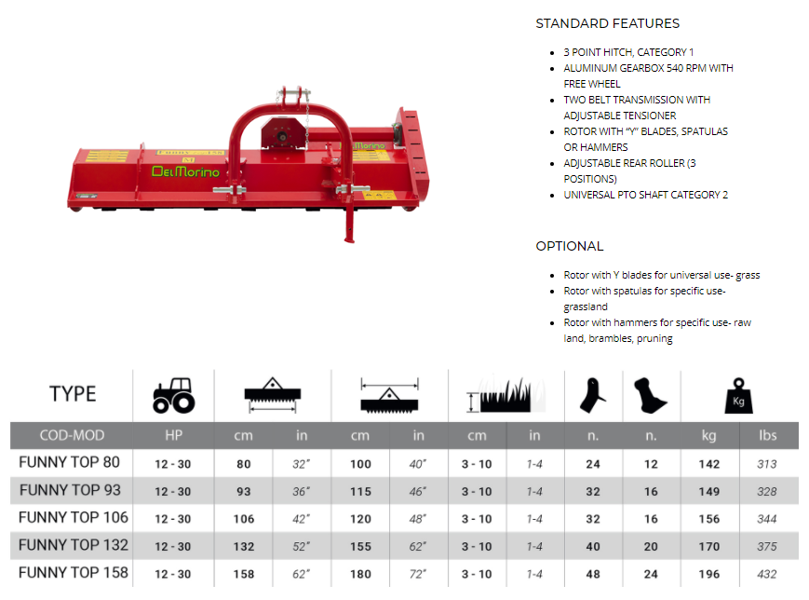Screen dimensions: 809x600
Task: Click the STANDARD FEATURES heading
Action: pos(607,23)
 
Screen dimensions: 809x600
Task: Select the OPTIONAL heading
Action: pos(570,246)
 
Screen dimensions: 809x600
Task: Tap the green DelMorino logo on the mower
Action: pos(186,171)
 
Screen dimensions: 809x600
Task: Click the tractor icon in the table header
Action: pos(174,396)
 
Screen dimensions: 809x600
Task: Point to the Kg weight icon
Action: pos(738,396)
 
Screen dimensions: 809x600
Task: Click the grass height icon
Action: pos(506,396)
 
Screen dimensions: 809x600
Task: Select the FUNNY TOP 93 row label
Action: pos(70,490)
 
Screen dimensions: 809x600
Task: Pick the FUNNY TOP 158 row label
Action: pos(74,573)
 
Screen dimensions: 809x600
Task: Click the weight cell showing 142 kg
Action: pos(708,464)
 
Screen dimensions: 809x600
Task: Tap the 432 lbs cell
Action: pos(767,574)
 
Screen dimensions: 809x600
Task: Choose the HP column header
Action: pos(173,435)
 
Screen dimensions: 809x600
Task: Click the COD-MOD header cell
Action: pos(72,435)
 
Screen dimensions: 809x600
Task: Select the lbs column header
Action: pos(768,435)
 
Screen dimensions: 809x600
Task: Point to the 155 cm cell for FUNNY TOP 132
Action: pos(360,547)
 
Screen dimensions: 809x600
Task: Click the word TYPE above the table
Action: pos(73,394)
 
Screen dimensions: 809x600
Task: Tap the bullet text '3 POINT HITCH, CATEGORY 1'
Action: pos(628,52)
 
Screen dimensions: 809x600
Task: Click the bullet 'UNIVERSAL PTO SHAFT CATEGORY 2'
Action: pos(646,195)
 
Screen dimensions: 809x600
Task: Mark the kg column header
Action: pos(708,436)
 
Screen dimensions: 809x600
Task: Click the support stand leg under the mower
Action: pos(350,222)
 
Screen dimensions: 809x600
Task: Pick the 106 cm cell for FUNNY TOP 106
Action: pos(244,520)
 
